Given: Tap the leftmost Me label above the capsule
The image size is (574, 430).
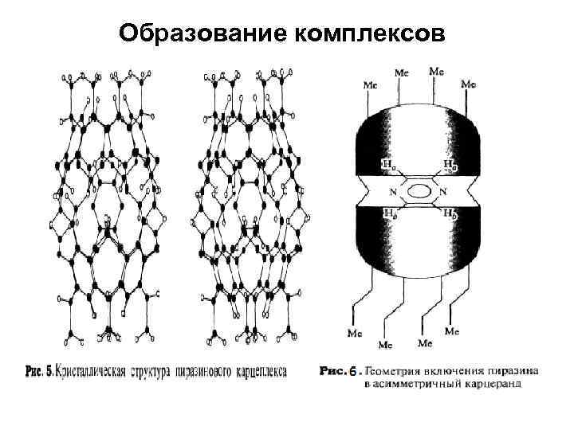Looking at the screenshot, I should [371, 83].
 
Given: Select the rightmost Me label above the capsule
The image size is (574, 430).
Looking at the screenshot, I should [469, 83].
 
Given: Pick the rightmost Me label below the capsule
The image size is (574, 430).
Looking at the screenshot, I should [451, 330].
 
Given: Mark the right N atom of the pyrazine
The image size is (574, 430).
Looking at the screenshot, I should [442, 191].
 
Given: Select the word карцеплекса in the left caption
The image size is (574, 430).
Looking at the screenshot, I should [275, 371].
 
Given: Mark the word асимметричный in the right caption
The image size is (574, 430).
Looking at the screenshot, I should [427, 383].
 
